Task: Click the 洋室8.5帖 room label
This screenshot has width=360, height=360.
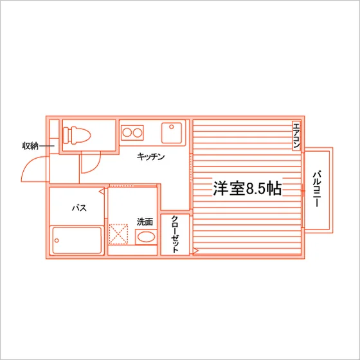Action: click(x=248, y=188)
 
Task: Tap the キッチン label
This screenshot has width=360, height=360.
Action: click(x=151, y=157)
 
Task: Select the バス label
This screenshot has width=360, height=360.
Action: click(x=80, y=208)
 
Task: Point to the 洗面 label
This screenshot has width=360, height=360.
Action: click(x=145, y=222)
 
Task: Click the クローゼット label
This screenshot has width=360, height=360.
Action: click(x=175, y=234)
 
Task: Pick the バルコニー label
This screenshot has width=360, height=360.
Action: click(x=317, y=189)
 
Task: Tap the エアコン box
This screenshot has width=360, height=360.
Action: click(x=296, y=136)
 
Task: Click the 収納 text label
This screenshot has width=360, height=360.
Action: click(x=30, y=146)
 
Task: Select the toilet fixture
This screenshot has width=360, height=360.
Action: click(x=76, y=136)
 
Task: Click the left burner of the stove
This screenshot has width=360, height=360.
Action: click(x=127, y=132)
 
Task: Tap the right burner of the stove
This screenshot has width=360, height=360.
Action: click(x=138, y=132)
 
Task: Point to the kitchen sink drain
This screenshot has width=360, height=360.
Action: click(x=172, y=127)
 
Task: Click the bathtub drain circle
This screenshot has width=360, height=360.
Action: click(x=57, y=240)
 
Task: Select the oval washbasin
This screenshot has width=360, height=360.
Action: click(x=146, y=237)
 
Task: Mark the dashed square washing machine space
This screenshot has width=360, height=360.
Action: click(x=118, y=234)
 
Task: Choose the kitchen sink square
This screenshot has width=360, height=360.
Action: click(x=172, y=133)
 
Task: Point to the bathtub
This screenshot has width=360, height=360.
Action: click(x=76, y=240)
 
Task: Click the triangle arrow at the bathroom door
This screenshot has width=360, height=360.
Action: click(x=102, y=191)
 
